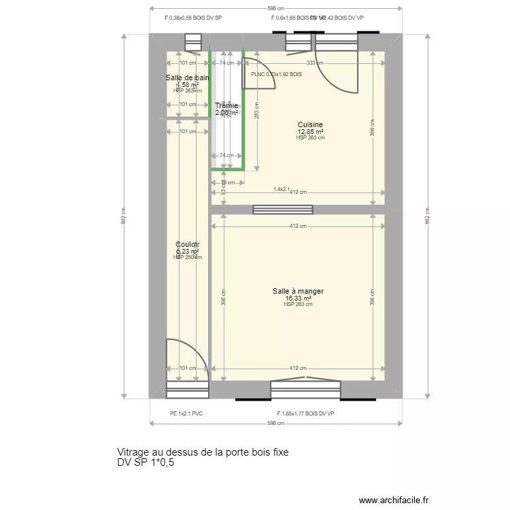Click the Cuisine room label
point(309,124)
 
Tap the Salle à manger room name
point(298,291)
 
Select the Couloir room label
point(187,244)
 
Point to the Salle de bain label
point(187,78)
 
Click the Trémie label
point(226,105)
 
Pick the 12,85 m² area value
point(309,131)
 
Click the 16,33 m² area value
point(298,298)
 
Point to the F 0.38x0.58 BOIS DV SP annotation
point(194,18)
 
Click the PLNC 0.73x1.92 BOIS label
point(276,74)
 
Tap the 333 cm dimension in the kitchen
point(314,63)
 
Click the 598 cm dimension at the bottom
point(275,423)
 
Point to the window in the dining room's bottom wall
point(305,389)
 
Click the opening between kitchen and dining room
point(282,209)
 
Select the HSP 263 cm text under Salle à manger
point(298,305)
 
